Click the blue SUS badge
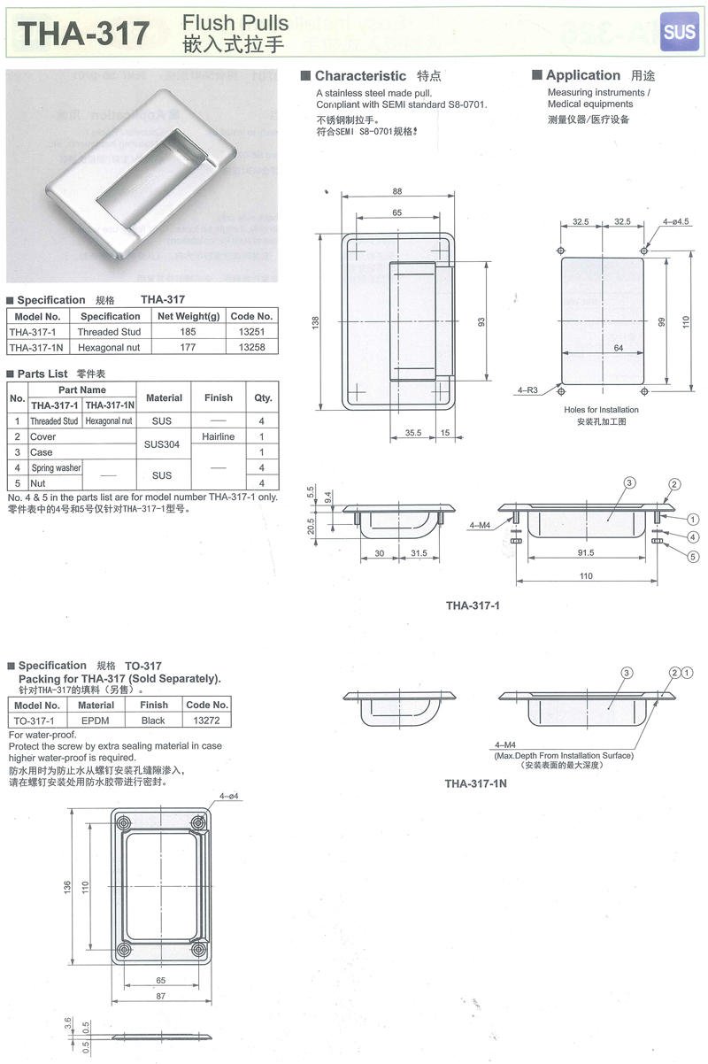[679, 32]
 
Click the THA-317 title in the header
[83, 34]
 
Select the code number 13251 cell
[251, 332]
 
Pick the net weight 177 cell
[188, 347]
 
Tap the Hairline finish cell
[219, 436]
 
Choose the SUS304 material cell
[162, 444]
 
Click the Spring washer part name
[56, 468]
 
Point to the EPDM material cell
[96, 721]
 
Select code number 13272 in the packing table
[206, 721]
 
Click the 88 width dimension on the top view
[397, 191]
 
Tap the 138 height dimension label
[315, 322]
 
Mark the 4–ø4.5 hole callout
[676, 221]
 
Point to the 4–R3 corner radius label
[527, 390]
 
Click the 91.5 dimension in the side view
[586, 553]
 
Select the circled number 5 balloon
[693, 557]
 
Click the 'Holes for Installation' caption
[601, 410]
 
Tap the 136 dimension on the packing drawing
[67, 886]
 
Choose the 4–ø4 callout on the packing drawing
[229, 796]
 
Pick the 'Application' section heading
[583, 75]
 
